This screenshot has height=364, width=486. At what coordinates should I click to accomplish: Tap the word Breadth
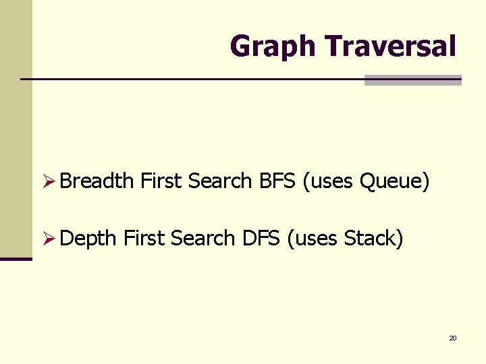point(97,181)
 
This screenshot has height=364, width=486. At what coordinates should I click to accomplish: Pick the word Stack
point(371,238)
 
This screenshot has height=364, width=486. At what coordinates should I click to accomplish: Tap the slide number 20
point(453,338)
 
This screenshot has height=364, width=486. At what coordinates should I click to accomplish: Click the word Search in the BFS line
point(220,181)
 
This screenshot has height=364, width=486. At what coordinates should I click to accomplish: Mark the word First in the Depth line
point(144,238)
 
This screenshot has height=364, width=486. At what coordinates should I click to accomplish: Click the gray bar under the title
point(412,80)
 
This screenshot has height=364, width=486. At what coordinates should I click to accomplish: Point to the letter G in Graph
point(240,47)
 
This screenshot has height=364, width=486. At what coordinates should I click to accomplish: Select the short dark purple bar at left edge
point(16,259)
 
